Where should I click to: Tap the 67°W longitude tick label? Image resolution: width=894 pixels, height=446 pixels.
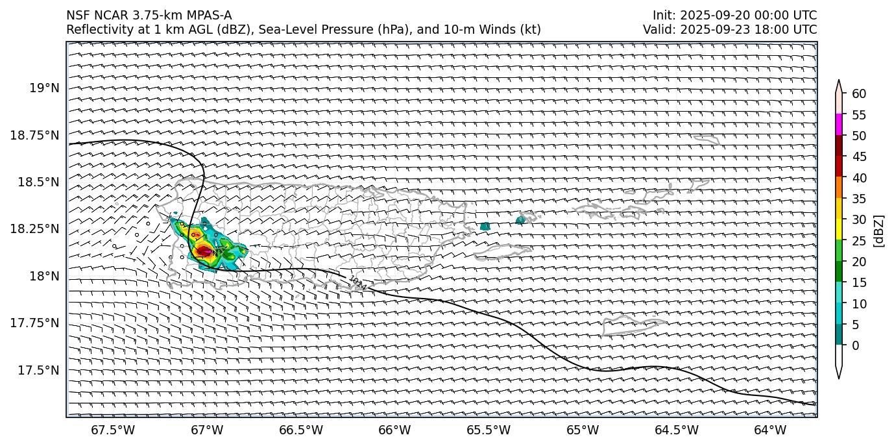tap(208, 430)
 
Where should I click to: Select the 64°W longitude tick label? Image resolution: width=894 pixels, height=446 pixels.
tap(770, 430)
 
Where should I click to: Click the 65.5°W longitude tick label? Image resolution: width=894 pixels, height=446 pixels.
tap(489, 430)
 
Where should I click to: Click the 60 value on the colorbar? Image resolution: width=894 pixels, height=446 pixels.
tap(859, 94)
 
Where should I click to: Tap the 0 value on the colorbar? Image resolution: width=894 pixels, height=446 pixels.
tap(856, 345)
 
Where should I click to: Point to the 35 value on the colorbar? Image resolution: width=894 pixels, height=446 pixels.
tap(859, 199)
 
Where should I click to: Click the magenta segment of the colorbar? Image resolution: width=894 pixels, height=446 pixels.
tap(839, 125)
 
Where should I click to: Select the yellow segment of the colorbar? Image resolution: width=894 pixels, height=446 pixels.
tap(839, 229)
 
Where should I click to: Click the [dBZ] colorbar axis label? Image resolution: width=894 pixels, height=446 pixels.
tap(879, 231)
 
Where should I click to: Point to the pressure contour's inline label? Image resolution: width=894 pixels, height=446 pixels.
tap(357, 283)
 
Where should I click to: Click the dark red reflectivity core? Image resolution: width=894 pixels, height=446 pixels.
tap(204, 251)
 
